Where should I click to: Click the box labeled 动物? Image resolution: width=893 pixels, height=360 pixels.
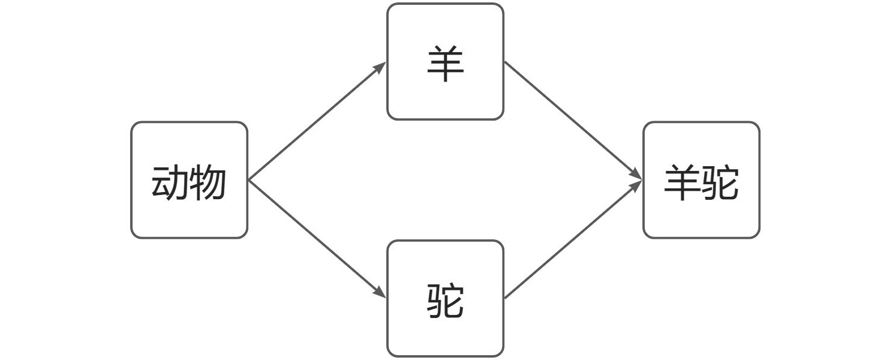pos(190,180)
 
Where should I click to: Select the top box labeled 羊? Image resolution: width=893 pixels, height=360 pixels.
pos(446,61)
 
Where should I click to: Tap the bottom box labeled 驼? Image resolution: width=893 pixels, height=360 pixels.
pos(446,299)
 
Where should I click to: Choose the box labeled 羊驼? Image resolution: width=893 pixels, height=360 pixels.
pos(702,180)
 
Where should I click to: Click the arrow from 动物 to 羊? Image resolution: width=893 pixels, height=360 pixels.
pos(317,121)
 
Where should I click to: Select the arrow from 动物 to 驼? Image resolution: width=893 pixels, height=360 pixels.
pos(317,239)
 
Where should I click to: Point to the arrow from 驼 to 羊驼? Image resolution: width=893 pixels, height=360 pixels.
pos(573,239)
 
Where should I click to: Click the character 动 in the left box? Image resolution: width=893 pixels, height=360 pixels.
pos(170,182)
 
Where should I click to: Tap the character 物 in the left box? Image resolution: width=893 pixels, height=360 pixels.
pos(208,182)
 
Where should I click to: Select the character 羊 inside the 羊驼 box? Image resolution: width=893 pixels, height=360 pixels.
pos(682,182)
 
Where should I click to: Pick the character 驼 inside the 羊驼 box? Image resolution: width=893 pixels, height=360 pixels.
pos(720,182)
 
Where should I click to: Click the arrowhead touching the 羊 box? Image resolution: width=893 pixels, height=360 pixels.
pos(379,68)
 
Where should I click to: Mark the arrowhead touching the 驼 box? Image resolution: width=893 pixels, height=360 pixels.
pos(379,292)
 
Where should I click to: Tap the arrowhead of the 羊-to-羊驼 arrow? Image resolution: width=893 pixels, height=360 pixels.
pos(635,174)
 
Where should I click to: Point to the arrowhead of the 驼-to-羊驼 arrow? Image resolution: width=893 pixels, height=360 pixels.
pos(635,187)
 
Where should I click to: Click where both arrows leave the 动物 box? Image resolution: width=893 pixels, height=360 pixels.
pos(248,180)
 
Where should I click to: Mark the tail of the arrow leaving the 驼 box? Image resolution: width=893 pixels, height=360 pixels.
pos(505,298)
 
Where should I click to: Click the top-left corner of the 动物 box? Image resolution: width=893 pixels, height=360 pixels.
pos(131,122)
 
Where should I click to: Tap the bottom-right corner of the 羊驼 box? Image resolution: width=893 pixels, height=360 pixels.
pos(759,238)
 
